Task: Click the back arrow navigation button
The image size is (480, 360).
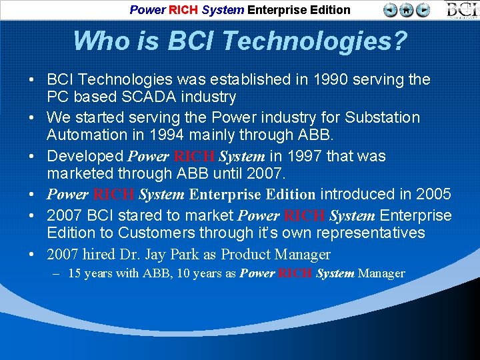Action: coord(391,10)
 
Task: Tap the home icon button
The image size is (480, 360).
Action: coord(407,10)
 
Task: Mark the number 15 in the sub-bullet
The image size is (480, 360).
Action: coord(75,274)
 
